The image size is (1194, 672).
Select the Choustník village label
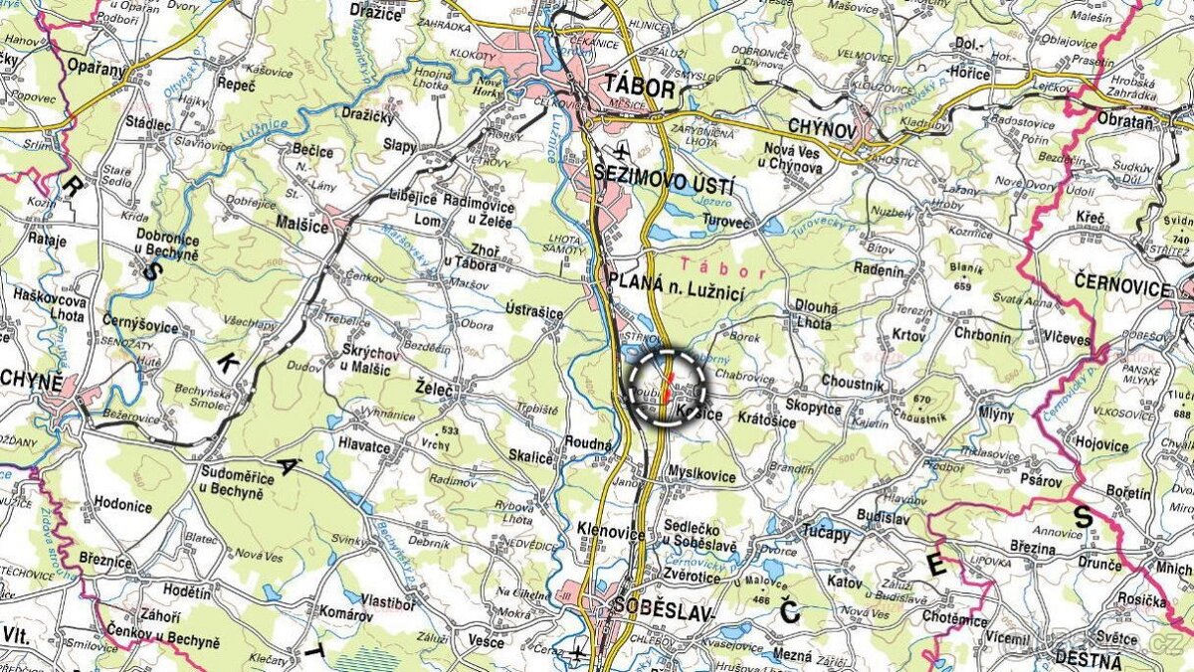852,383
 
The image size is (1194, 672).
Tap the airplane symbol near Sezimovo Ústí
623,151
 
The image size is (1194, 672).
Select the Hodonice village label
124,505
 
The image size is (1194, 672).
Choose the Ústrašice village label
534,312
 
